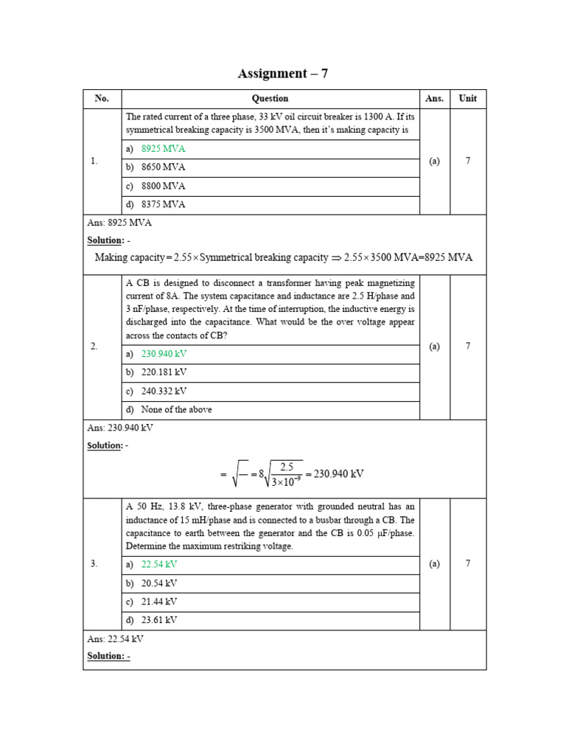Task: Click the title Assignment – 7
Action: pos(283,73)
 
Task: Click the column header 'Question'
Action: pos(270,98)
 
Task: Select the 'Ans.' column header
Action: pos(434,98)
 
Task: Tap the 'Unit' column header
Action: pos(468,98)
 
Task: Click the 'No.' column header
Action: pos(102,98)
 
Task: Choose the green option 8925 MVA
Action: pos(163,149)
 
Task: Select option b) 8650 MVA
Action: pos(163,167)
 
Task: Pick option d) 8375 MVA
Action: pos(163,205)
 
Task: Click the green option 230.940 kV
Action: pos(164,354)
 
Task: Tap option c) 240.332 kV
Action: pos(164,392)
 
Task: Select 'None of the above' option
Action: pos(176,410)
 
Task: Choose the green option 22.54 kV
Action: pos(159,564)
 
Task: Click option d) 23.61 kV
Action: pos(159,620)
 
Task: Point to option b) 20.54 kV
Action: pos(159,583)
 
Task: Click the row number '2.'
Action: pos(94,346)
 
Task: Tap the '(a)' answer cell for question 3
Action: pos(434,564)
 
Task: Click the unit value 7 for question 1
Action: pos(468,161)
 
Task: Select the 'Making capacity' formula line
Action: pos(284,257)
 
